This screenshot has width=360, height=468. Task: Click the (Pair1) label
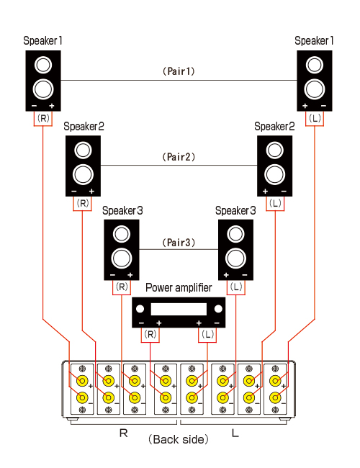(x=179, y=71)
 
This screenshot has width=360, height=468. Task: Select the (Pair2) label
(x=179, y=157)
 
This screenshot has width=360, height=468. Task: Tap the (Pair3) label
(x=179, y=243)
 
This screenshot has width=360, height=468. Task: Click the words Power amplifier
(x=179, y=288)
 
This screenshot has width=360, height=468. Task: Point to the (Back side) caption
(x=179, y=439)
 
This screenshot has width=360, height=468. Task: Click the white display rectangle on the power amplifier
(x=179, y=309)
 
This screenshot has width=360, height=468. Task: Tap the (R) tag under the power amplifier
(x=150, y=334)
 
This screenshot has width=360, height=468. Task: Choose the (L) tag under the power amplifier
(x=207, y=334)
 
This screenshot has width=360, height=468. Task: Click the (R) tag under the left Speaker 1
(x=43, y=119)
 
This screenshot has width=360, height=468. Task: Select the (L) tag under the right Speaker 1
(x=315, y=119)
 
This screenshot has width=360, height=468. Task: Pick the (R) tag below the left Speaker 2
(x=83, y=203)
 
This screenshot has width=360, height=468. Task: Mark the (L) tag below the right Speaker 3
(x=236, y=287)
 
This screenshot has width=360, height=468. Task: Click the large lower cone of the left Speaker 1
(x=43, y=89)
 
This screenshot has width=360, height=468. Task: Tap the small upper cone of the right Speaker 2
(x=274, y=150)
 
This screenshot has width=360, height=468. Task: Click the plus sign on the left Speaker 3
(x=130, y=275)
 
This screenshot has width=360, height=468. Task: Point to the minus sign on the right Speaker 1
(x=323, y=106)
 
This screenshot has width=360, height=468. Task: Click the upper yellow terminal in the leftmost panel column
(x=82, y=381)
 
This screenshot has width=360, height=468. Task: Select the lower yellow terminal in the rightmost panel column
(x=275, y=397)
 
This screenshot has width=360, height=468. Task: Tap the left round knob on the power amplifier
(x=140, y=309)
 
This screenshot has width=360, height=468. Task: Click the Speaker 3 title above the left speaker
(x=122, y=211)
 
